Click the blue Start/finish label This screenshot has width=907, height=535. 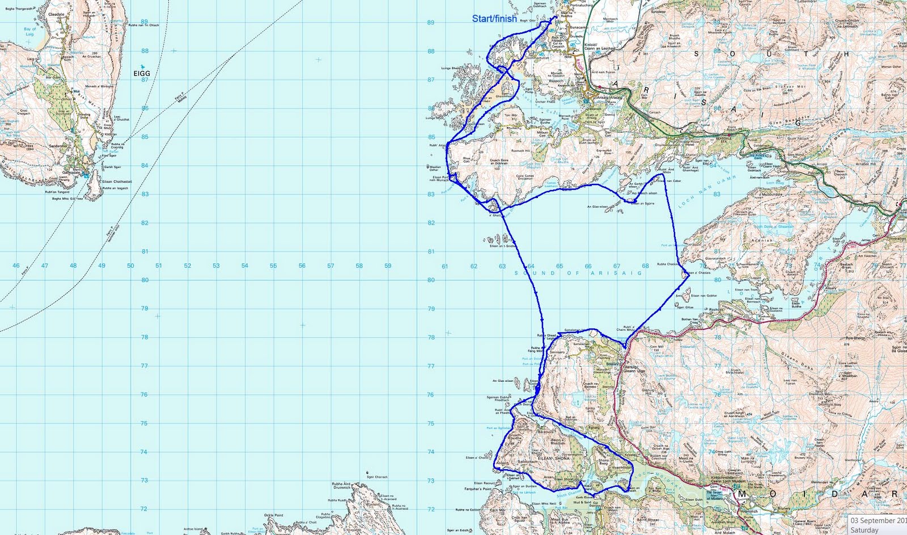point(494,19)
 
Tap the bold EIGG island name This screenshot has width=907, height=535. point(142,73)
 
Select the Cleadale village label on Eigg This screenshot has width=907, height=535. point(56,14)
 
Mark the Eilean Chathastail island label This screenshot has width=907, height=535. point(117,182)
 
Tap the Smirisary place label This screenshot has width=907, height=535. point(557,352)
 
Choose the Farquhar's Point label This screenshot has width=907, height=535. point(478,488)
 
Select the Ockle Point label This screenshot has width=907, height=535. point(273,515)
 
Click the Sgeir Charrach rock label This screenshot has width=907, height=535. point(377,477)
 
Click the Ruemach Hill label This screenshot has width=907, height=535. point(520,151)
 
